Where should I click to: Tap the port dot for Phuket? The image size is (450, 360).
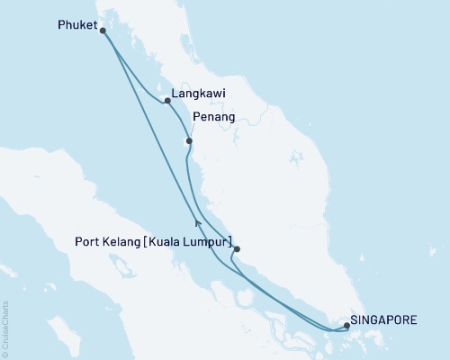click(x=103, y=31)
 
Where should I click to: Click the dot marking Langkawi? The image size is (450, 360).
click(x=168, y=101)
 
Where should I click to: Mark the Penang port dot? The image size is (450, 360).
click(x=189, y=141)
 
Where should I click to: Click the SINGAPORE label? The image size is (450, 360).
click(x=384, y=319)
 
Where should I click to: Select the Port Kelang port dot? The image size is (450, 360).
click(x=237, y=249)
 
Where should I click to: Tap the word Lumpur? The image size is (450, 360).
click(x=209, y=242)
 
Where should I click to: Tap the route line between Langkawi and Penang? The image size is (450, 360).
click(x=179, y=120)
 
